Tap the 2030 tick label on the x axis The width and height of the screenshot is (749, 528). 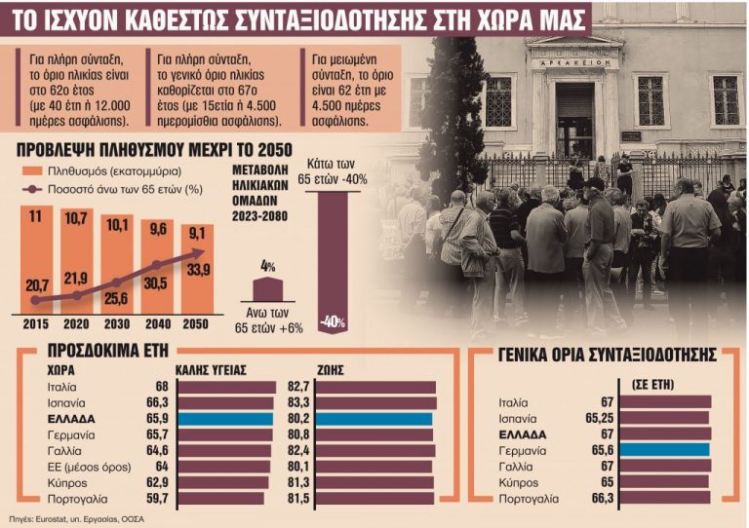click(116, 323)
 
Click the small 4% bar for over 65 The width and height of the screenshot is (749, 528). click(268, 289)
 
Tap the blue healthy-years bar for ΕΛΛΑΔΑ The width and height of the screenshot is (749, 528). click(225, 419)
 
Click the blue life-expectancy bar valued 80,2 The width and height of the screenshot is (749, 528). click(374, 419)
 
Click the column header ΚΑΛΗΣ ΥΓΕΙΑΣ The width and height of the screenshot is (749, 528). click(211, 370)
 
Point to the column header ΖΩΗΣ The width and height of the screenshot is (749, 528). click(332, 370)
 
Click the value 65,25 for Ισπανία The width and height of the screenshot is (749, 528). click(594, 417)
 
